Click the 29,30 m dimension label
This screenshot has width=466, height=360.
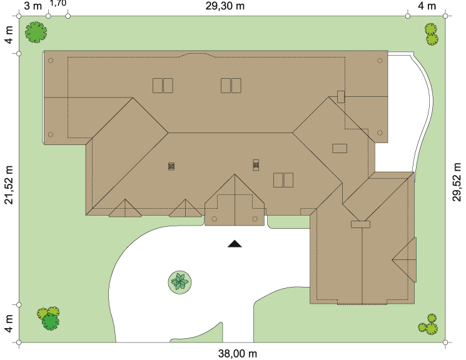coord(225,6)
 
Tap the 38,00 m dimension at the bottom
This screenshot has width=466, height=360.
coord(238,354)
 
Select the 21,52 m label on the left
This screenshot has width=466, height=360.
coord(9,185)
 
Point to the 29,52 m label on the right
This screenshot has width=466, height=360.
coord(457,182)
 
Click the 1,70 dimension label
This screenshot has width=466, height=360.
coord(58,3)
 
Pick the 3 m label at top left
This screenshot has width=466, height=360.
coord(33,6)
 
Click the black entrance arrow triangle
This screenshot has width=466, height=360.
coord(235,244)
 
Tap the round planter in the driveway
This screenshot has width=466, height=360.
coord(180,282)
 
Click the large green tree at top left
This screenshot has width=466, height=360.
coord(36,32)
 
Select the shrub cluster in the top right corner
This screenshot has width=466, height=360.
coord(431,34)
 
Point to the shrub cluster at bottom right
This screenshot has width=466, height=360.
coord(428,324)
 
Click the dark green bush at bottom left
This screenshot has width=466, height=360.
coord(51,322)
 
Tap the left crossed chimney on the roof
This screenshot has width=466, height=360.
coord(171,166)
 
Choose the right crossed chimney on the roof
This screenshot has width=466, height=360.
coord(256,165)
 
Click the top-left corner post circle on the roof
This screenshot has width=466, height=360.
coord(51,61)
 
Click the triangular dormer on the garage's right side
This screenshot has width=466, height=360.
coord(405,259)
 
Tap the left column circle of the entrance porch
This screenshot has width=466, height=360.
coord(215,219)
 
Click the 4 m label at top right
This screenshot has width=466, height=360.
coord(427,6)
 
